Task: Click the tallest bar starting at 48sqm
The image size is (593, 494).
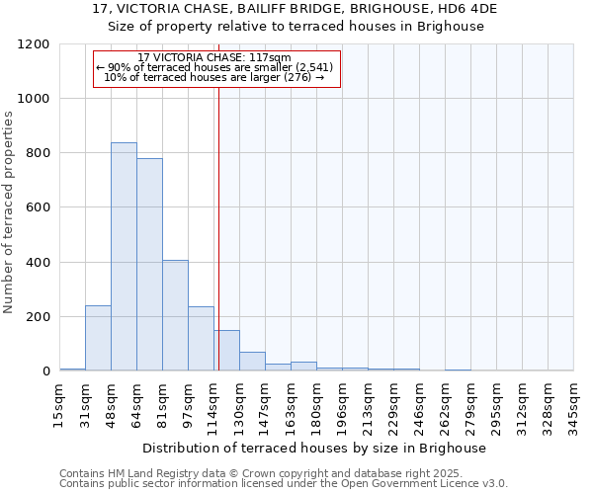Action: coord(124,257)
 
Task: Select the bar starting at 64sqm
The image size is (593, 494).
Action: coord(149,265)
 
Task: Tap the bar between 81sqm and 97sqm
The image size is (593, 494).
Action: coord(175,315)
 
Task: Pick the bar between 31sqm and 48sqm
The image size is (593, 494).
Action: coord(98,338)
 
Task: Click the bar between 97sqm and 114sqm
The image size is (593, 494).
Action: coord(201,339)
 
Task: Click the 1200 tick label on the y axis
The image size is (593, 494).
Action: coord(34,44)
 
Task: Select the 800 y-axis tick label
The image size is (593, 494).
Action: coord(38,153)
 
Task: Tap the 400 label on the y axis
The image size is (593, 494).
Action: coord(38,263)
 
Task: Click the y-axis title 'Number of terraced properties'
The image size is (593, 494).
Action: coord(9,212)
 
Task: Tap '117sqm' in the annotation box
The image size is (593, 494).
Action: coord(270,57)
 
